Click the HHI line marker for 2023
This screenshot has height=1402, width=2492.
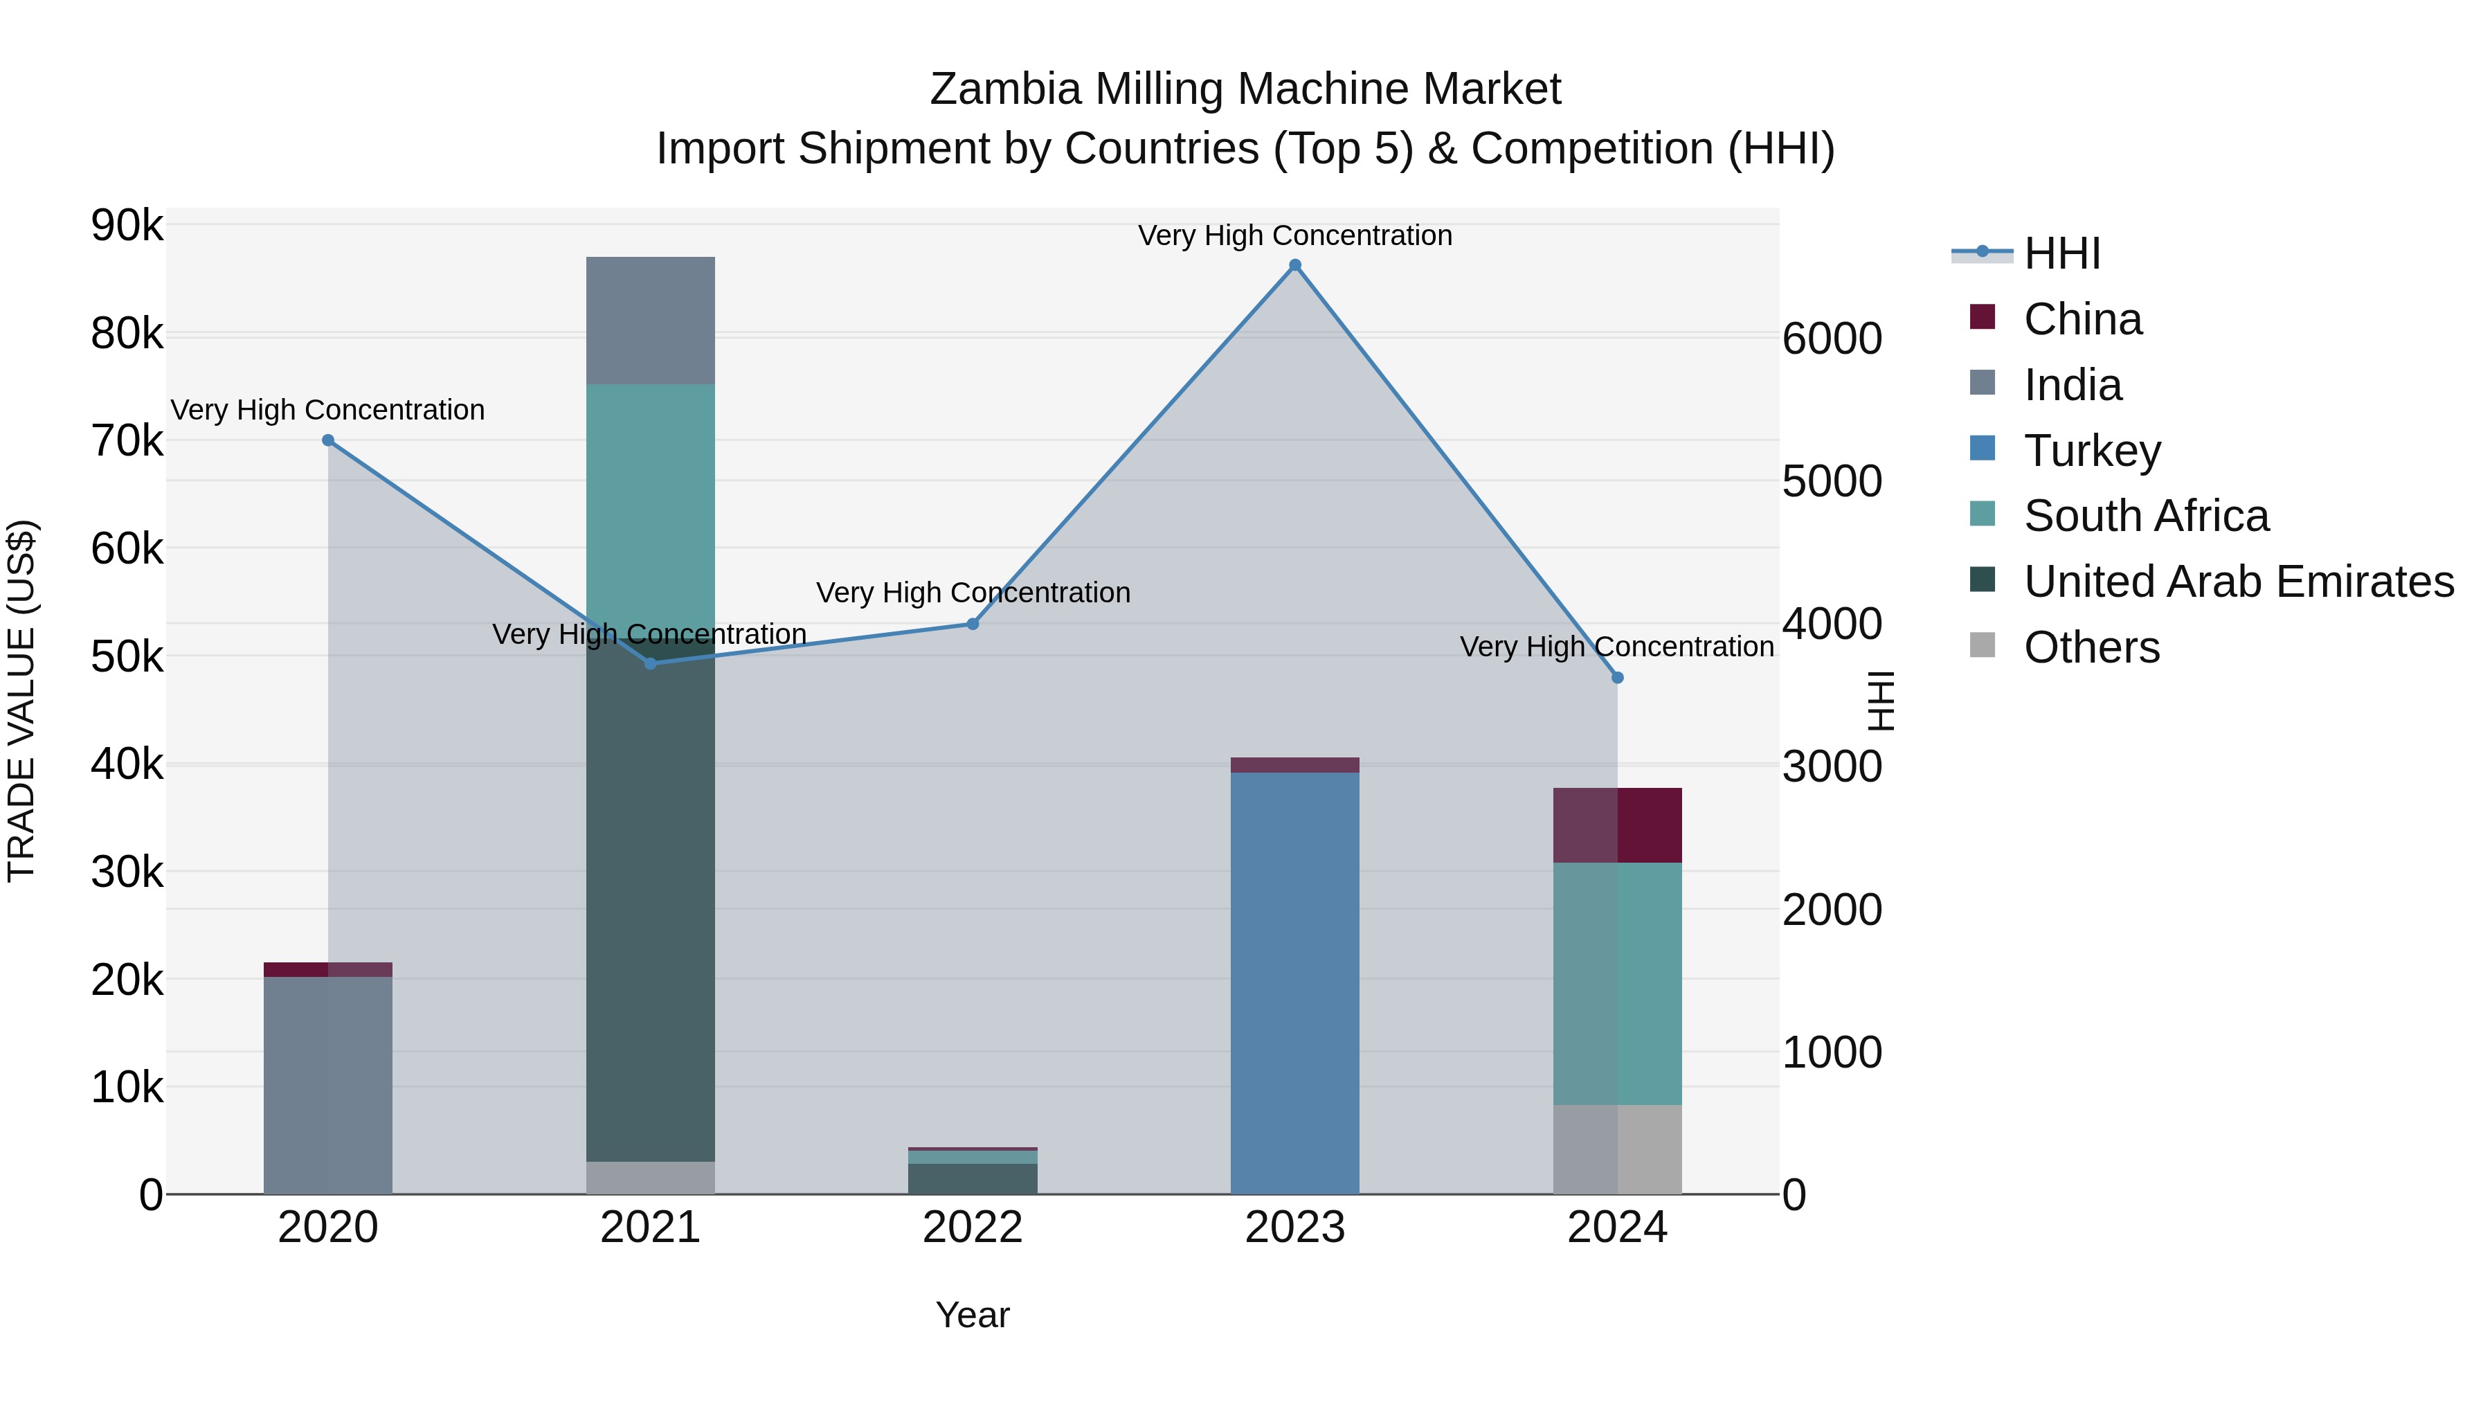click(x=1295, y=265)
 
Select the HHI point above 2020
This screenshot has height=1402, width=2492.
click(x=328, y=440)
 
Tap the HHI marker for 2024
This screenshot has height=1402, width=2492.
click(x=1618, y=677)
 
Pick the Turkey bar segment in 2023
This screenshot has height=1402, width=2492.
click(x=1294, y=982)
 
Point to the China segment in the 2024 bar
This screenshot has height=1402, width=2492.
click(x=1618, y=825)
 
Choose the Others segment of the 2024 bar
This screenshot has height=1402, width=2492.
click(x=1618, y=1149)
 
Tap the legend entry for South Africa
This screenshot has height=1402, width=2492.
click(x=2146, y=516)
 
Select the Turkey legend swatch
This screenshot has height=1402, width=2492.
click(x=1983, y=448)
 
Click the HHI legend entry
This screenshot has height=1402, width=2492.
click(x=2061, y=253)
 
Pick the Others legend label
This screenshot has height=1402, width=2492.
click(x=2091, y=647)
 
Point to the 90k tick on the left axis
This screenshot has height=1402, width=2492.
click(x=127, y=226)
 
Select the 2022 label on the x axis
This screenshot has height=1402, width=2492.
click(x=973, y=1228)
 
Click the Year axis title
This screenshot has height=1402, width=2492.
click(x=973, y=1315)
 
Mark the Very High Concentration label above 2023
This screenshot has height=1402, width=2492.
click(x=1294, y=235)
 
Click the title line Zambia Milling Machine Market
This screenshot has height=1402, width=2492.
click(x=1245, y=89)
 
